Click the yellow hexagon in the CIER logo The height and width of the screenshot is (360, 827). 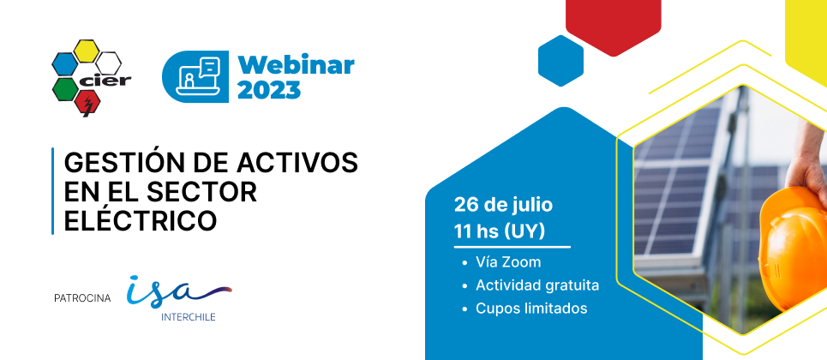pyautogui.click(x=86, y=51)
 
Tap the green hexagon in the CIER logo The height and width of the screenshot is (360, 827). pyautogui.click(x=65, y=89)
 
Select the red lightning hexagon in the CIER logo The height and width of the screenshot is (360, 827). pyautogui.click(x=87, y=102)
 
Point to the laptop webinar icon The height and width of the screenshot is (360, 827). pyautogui.click(x=196, y=77)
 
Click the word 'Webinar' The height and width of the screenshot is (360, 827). pyautogui.click(x=296, y=66)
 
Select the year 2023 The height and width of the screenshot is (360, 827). pyautogui.click(x=269, y=90)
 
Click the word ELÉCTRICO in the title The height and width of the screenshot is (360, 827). pyautogui.click(x=141, y=219)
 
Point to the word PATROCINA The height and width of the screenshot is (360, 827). pyautogui.click(x=82, y=299)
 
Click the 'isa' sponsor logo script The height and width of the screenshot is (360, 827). pyautogui.click(x=178, y=291)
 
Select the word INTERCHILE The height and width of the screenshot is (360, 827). pyautogui.click(x=189, y=318)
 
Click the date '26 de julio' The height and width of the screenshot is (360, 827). pyautogui.click(x=503, y=206)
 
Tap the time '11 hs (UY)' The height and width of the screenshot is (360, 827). pyautogui.click(x=499, y=231)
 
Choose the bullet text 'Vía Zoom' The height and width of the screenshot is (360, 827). pyautogui.click(x=508, y=261)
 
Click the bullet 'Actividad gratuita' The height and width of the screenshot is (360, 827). pyautogui.click(x=537, y=285)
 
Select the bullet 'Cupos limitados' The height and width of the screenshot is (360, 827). pyautogui.click(x=531, y=309)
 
